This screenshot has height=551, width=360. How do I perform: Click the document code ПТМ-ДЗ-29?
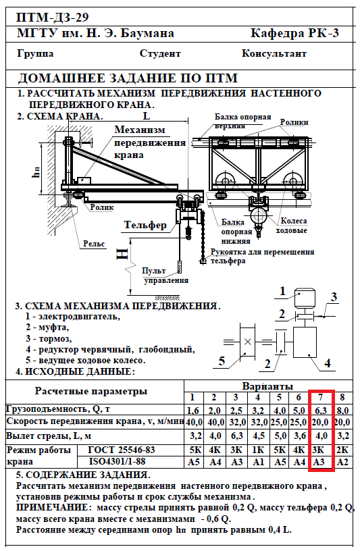(53, 17)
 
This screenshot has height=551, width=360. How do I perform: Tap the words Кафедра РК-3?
(294, 32)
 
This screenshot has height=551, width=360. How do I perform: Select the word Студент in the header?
(160, 53)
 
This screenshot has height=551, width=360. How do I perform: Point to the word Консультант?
(274, 53)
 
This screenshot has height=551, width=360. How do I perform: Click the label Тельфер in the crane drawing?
(145, 225)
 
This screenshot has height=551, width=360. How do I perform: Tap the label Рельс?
(94, 244)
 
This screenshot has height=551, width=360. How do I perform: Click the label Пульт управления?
(166, 275)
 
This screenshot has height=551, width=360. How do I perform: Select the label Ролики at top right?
(294, 122)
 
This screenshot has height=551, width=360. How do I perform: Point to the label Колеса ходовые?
(292, 226)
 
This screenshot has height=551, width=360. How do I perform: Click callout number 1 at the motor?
(282, 291)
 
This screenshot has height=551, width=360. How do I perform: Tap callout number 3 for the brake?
(334, 297)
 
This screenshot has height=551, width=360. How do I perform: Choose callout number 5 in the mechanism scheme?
(222, 361)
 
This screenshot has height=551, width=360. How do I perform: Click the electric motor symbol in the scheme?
(305, 299)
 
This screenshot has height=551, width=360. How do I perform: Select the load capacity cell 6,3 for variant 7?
(320, 411)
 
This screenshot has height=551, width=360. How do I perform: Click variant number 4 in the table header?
(258, 398)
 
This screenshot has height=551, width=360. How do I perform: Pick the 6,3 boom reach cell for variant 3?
(236, 436)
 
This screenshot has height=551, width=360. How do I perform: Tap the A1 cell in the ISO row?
(259, 462)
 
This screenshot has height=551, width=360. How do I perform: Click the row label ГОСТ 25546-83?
(122, 450)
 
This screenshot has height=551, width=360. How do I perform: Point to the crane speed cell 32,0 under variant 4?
(259, 421)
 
